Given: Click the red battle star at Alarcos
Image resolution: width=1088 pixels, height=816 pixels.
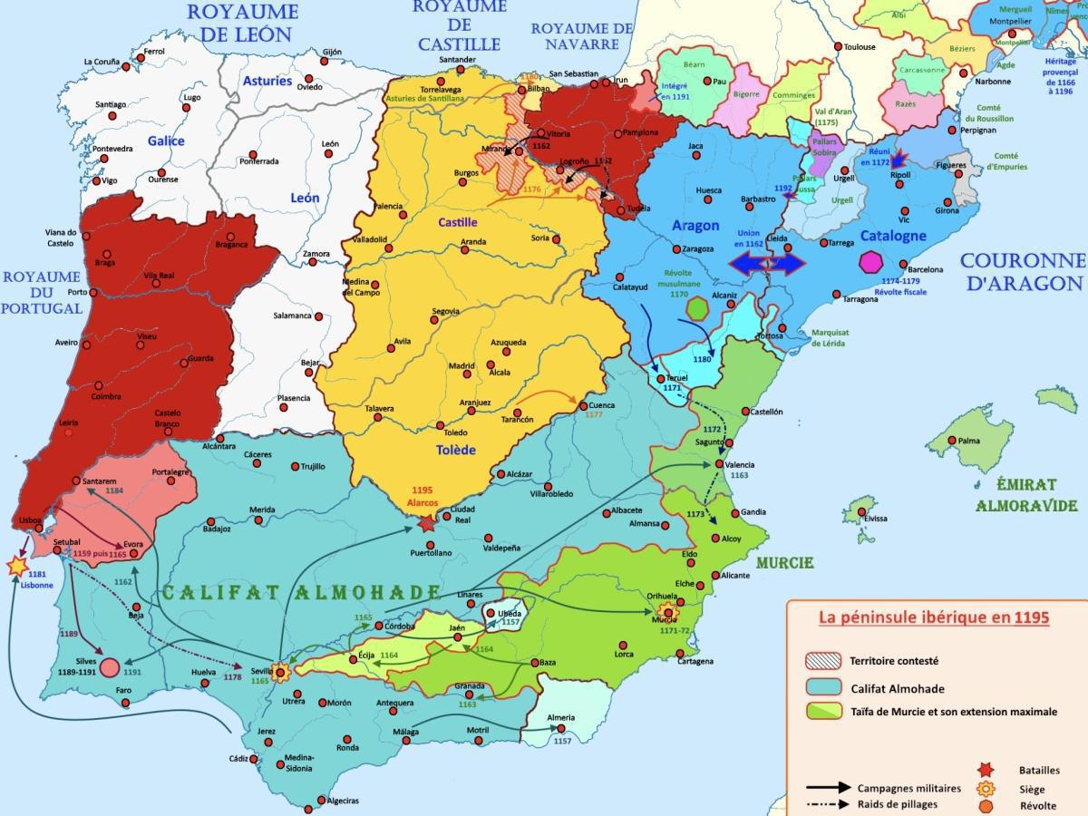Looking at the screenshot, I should pyautogui.click(x=427, y=523).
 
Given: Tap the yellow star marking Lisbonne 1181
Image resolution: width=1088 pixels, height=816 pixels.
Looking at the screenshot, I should pyautogui.click(x=16, y=567).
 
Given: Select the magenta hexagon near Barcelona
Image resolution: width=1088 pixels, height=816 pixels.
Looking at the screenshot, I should pyautogui.click(x=871, y=262).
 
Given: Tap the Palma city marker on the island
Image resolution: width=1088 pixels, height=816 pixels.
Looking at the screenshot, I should pyautogui.click(x=951, y=441).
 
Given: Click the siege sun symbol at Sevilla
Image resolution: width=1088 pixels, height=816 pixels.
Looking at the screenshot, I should pyautogui.click(x=281, y=672).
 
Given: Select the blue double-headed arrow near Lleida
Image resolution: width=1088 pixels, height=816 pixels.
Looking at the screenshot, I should pyautogui.click(x=768, y=264).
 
